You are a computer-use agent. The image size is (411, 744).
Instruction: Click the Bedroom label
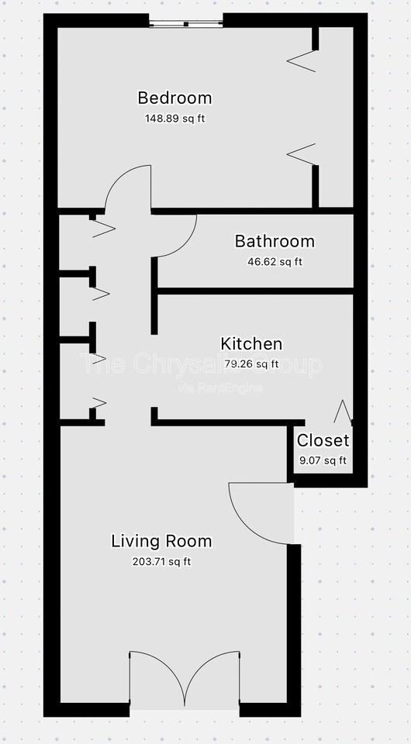174,98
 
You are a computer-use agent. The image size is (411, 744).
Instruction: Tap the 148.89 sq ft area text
174,119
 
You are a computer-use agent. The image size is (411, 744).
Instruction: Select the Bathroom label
275,241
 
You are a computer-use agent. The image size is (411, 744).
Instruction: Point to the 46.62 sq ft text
275,261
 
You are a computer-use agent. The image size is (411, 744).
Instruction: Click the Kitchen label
251,344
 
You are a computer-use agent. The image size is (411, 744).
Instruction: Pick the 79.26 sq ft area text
251,363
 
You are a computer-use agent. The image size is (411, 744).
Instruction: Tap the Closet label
323,441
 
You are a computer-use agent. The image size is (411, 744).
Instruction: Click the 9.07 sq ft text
323,460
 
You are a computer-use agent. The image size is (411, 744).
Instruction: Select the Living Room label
161,541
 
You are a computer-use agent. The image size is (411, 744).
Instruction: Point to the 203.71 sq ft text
161,561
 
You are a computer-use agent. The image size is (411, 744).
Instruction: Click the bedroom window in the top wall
186,23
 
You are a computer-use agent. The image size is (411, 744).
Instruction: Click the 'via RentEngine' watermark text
220,387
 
